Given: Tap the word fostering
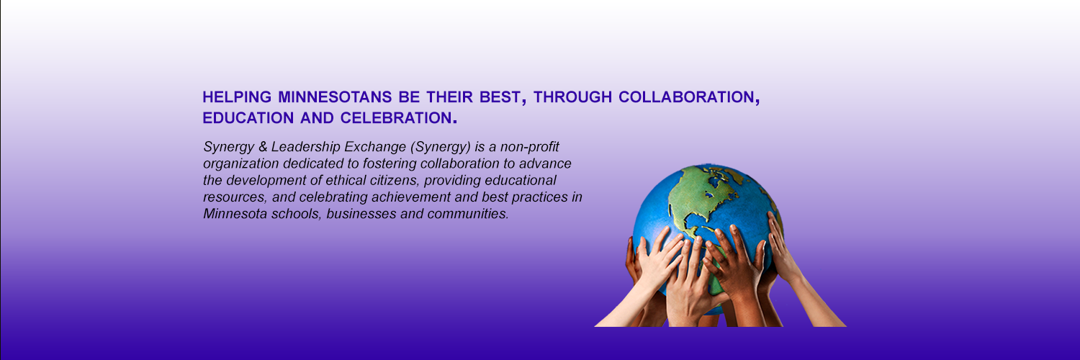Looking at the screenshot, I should (374, 164).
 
